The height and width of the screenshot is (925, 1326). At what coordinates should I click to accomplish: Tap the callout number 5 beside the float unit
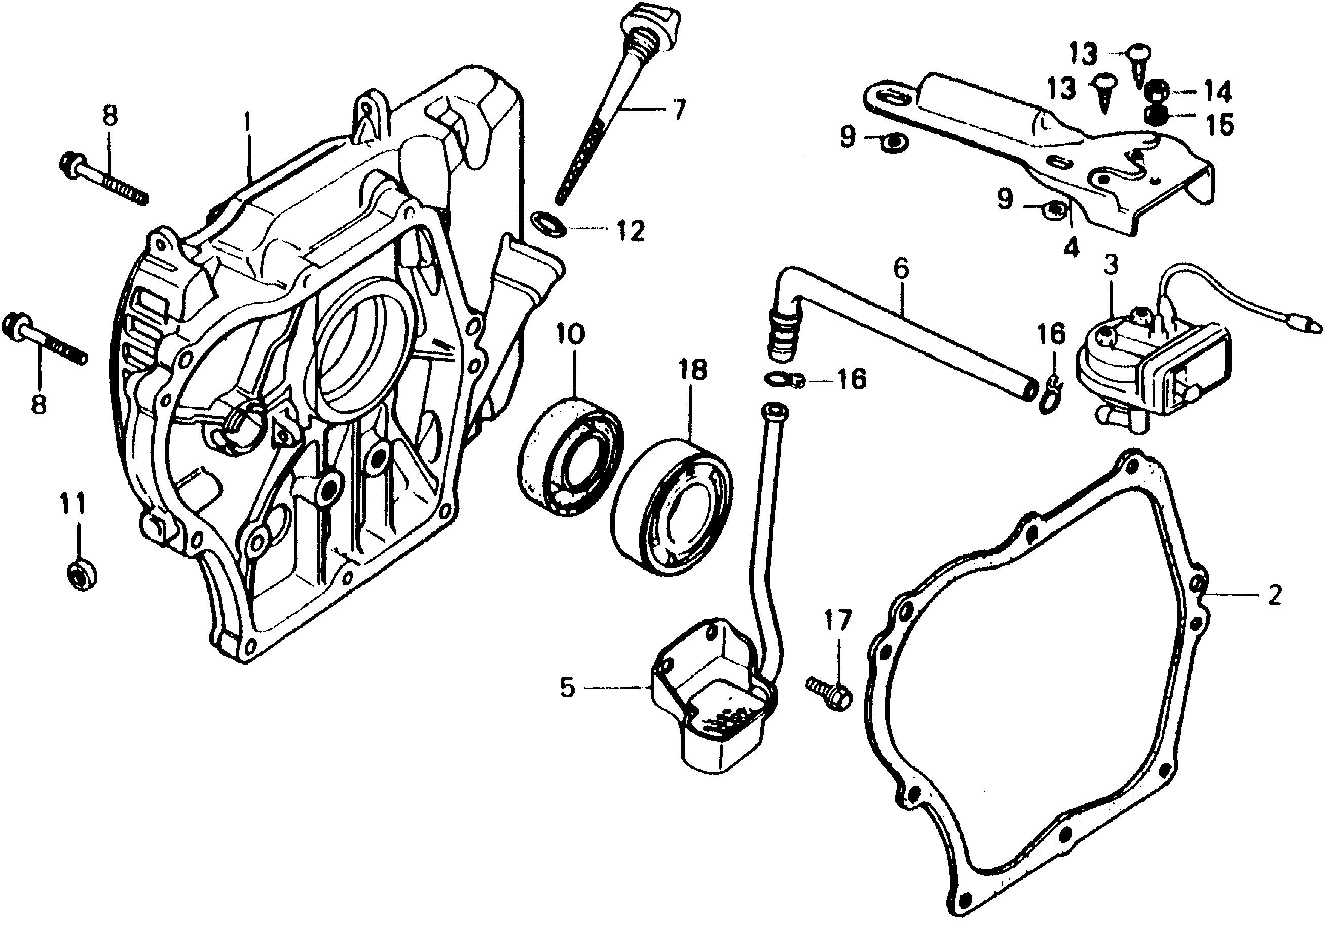568,688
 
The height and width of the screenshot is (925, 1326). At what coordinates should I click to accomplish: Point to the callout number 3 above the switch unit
1111,265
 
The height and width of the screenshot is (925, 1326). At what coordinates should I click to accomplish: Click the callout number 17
837,621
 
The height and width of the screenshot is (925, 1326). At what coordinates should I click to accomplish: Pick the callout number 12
630,232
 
